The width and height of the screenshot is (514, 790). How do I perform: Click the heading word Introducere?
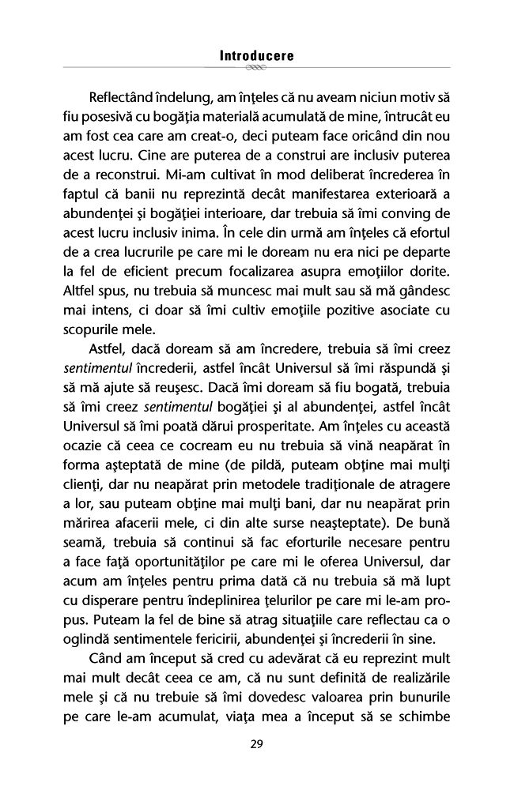(x=256, y=56)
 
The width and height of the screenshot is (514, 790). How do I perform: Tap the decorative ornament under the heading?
(x=256, y=69)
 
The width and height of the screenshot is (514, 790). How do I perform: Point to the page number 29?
(x=256, y=743)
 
